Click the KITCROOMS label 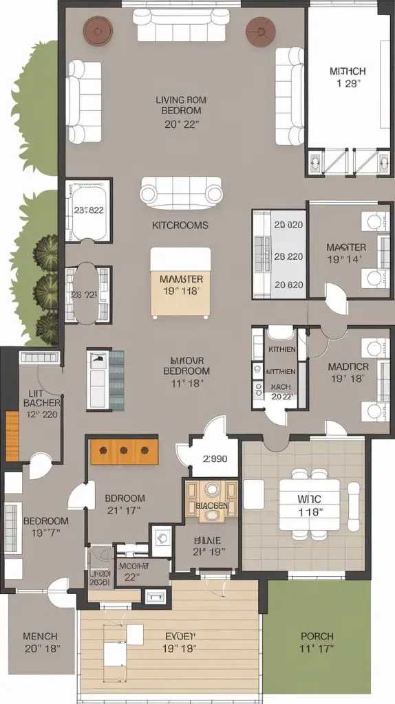(180, 225)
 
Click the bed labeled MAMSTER (181, 283)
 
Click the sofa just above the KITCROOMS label (181, 190)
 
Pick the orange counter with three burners (124, 451)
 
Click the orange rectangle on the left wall (12, 436)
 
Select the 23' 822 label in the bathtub (89, 211)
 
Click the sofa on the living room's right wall (290, 96)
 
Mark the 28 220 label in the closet (288, 256)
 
